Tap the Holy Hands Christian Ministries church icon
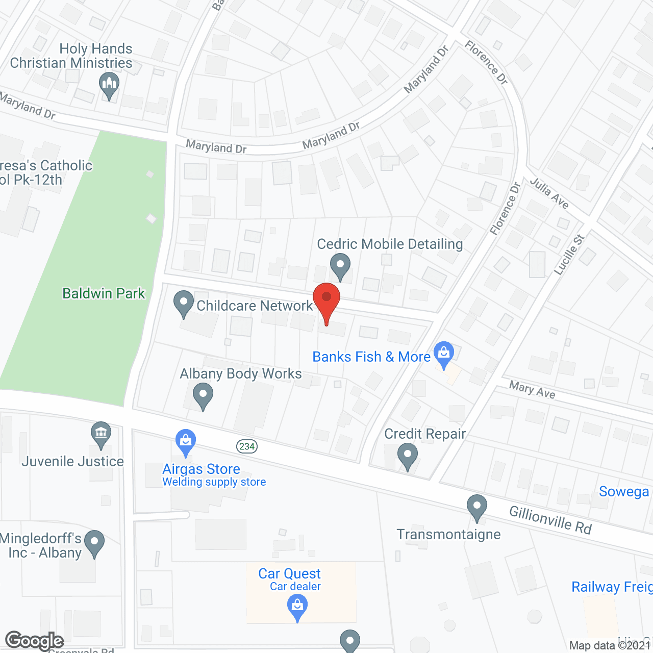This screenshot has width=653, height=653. coord(109,85)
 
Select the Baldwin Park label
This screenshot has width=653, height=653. coord(104,293)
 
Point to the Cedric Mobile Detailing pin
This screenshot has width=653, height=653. coord(340,265)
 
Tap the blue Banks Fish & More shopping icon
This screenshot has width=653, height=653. coord(444,354)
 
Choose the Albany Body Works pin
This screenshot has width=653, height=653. coord(203,395)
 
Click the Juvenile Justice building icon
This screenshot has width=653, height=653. coord(101,434)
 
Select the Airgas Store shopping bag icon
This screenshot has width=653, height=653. coord(185,442)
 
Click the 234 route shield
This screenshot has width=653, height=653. coord(247,446)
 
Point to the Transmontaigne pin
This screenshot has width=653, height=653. coord(476,507)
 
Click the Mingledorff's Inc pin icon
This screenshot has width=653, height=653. coord(94,543)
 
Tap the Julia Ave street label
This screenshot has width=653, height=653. coord(549,193)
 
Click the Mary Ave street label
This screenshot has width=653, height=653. coord(532,390)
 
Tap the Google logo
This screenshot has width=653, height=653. coord(35,641)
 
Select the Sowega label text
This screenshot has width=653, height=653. coord(623,491)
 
